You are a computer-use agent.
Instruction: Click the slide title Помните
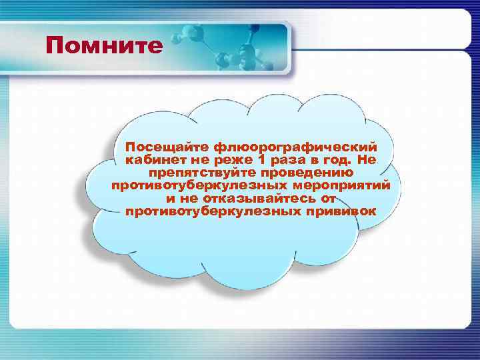pyautogui.click(x=105, y=45)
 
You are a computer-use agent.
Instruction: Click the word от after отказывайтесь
pyautogui.click(x=327, y=199)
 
